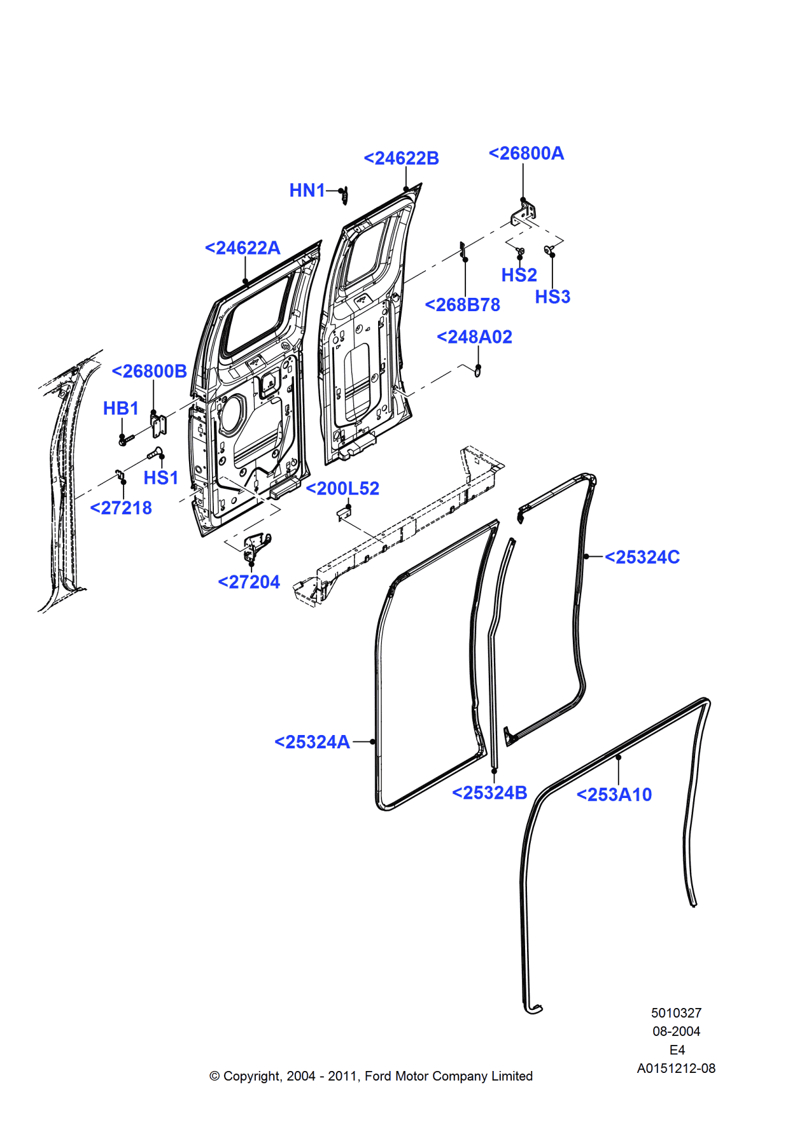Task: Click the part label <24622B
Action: click(x=401, y=158)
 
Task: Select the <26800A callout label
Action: click(x=526, y=153)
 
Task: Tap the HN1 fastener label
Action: click(x=307, y=190)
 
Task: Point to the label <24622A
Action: click(x=243, y=248)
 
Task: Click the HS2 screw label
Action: click(x=519, y=275)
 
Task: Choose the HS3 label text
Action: click(x=552, y=297)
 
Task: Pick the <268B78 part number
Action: click(x=462, y=305)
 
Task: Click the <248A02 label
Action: click(x=474, y=337)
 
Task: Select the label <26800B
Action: click(x=149, y=371)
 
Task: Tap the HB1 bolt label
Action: click(x=120, y=408)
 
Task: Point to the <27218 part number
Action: click(x=121, y=508)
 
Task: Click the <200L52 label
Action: click(x=342, y=488)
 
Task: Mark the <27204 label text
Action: click(x=249, y=582)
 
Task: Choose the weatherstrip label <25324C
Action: click(x=642, y=557)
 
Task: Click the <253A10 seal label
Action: click(x=614, y=794)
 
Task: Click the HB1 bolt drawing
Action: click(x=126, y=439)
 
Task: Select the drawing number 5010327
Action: click(x=676, y=1012)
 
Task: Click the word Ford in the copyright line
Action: click(x=378, y=1075)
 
